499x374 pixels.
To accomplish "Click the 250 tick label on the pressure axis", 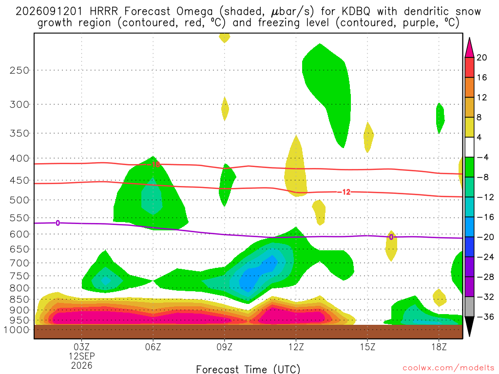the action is pos(19,70).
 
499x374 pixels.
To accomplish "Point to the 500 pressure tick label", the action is pos(19,200).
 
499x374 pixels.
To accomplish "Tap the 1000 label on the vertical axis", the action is pos(17,330).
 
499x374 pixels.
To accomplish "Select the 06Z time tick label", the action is pos(153,347).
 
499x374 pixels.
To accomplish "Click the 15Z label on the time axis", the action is pos(367,347).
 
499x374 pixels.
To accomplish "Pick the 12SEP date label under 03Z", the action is pos(82,356).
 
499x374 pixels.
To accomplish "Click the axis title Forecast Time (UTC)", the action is pos(248,369).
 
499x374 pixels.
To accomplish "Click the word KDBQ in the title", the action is pos(356,12).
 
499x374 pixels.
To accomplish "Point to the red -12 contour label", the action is pos(344,192).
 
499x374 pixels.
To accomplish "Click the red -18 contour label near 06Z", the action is pos(154,165).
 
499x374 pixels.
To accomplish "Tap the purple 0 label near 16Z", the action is pos(391,237).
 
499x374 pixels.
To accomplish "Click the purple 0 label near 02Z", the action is pos(58,223).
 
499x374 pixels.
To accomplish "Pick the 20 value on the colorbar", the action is pos(482,57).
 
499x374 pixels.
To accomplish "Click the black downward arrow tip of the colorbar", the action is pos(469,336).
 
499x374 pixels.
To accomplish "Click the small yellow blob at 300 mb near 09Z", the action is pos(225,109).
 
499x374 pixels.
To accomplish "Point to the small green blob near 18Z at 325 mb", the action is pos(440,118).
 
